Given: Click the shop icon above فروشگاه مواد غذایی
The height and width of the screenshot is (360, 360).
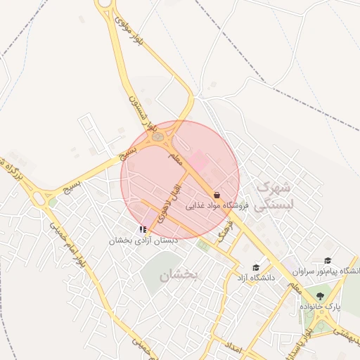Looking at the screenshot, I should pos(216,195).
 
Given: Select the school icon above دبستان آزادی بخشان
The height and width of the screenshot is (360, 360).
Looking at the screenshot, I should pos(143,229).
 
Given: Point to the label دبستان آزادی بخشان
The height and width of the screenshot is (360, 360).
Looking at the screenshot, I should pos(143,240).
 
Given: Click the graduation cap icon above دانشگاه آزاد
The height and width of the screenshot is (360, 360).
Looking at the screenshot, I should pos(256,267).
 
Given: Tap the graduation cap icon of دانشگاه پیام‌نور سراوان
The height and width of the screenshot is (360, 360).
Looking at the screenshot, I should pos(328,261).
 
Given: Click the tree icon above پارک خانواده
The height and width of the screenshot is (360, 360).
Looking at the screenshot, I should pos(321,296).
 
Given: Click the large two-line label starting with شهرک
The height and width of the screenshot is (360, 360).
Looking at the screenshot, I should pos(271,195).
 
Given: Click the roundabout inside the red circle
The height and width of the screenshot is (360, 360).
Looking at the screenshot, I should pos(158,136).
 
